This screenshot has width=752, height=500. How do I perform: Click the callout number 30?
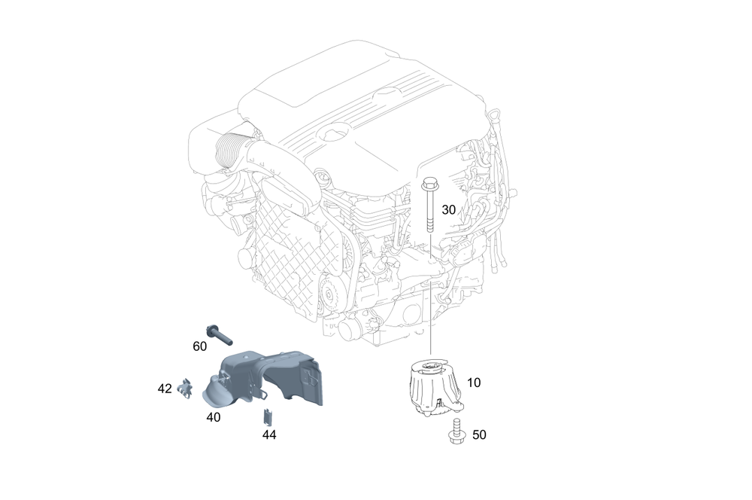coord(448,209)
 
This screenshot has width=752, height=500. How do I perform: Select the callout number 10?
coord(474,383)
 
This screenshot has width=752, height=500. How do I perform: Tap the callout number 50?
coord(478,434)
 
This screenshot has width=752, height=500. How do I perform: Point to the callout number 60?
coord(199,346)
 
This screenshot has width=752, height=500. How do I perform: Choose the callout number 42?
coord(165,389)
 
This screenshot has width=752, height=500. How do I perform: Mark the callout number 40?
coord(214,416)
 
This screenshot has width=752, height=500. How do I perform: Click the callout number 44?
coord(269,434)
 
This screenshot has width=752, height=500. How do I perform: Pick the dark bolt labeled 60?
coord(217,336)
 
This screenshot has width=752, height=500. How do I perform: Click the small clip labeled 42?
coord(184,389)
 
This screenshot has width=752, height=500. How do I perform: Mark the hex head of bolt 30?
coord(430,182)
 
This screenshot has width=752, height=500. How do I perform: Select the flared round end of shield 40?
coord(213,392)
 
